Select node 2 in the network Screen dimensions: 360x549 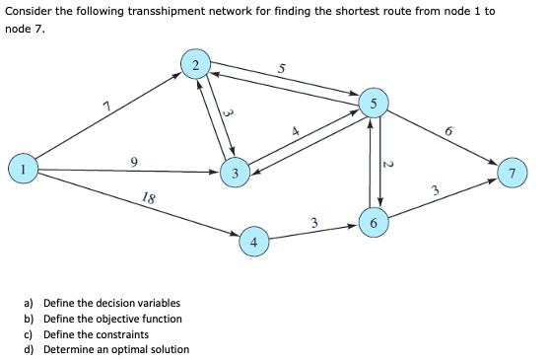195,65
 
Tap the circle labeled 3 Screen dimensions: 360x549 235,174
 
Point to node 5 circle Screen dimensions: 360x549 373,103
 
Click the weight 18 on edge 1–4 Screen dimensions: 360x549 147,198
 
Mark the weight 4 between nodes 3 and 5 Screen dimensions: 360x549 293,130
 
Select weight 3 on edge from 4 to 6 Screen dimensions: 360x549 313,222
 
